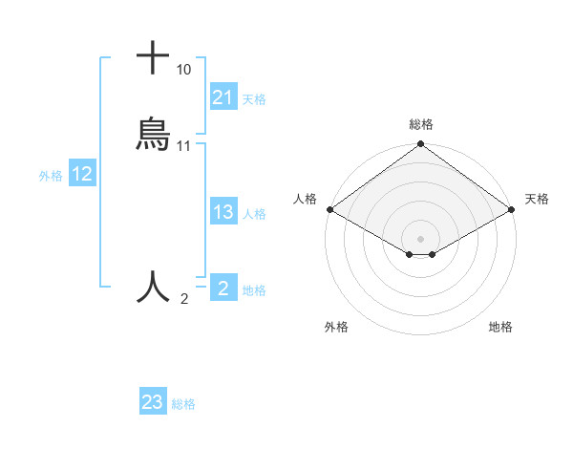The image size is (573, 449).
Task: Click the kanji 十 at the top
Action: [153, 57]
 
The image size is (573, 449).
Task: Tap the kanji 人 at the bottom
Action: [153, 286]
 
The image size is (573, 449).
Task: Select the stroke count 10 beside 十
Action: [183, 70]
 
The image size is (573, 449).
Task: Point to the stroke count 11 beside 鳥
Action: [184, 146]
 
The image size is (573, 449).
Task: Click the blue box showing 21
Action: [223, 97]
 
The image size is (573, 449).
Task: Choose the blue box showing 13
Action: [223, 213]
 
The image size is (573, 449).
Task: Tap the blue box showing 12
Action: [82, 174]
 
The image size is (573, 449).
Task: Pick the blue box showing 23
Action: [153, 402]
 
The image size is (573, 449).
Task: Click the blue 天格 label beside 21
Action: [254, 98]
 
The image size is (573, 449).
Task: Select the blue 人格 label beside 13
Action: [254, 214]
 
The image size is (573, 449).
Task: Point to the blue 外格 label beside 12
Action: [51, 175]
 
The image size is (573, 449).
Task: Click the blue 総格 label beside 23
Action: [183, 404]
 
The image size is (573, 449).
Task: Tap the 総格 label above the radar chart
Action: [421, 124]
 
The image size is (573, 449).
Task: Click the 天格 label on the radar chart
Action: [538, 199]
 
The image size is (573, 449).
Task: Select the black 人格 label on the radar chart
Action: [305, 199]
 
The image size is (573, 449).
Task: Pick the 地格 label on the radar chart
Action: [500, 327]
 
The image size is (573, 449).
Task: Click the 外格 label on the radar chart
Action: [336, 327]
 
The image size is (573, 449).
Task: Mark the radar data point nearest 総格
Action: [420, 145]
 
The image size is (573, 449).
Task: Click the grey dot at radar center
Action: [420, 238]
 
